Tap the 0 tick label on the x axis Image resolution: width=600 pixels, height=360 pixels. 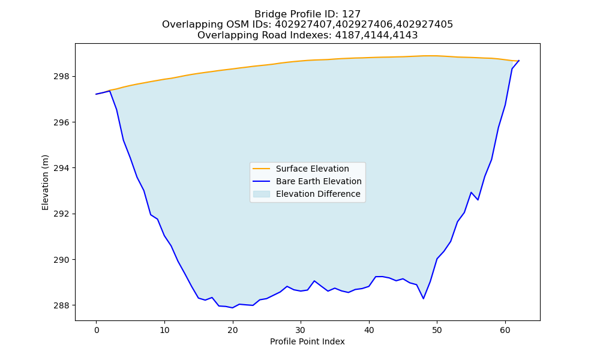point(96,329)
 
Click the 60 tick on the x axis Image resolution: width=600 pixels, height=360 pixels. point(505,329)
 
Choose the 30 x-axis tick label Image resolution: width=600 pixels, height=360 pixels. point(301,329)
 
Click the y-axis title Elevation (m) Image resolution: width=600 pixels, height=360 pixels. point(45,182)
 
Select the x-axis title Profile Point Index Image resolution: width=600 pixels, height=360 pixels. point(307,341)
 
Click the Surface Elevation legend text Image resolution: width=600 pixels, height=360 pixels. point(312,169)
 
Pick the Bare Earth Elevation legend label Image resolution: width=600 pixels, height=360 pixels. point(319,181)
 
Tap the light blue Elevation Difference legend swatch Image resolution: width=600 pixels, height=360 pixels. point(262,194)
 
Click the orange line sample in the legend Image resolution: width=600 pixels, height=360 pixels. point(262,169)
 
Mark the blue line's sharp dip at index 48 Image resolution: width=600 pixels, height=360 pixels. point(423,299)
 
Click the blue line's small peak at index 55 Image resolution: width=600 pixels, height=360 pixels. point(471,193)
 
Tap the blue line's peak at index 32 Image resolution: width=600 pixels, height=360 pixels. point(314,281)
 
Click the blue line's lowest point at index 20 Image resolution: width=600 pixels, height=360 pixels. point(232,308)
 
